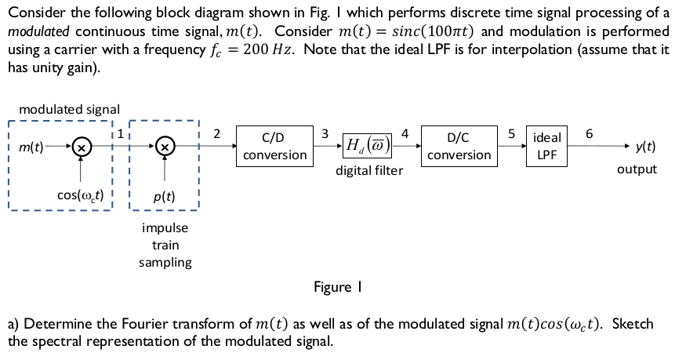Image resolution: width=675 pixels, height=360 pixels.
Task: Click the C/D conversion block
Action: pyautogui.click(x=274, y=146)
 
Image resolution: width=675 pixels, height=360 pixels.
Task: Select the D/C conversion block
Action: pyautogui.click(x=459, y=146)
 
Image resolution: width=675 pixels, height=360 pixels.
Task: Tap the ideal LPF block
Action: pyautogui.click(x=546, y=147)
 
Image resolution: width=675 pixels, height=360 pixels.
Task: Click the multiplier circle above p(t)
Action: pyautogui.click(x=165, y=147)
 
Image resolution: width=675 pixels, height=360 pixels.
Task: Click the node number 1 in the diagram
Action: pyautogui.click(x=120, y=134)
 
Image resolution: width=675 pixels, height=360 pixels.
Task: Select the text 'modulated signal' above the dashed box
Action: pyautogui.click(x=69, y=110)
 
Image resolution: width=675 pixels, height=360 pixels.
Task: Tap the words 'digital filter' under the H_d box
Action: pyautogui.click(x=369, y=170)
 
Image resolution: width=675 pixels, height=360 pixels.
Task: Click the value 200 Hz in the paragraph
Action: pyautogui.click(x=267, y=50)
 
